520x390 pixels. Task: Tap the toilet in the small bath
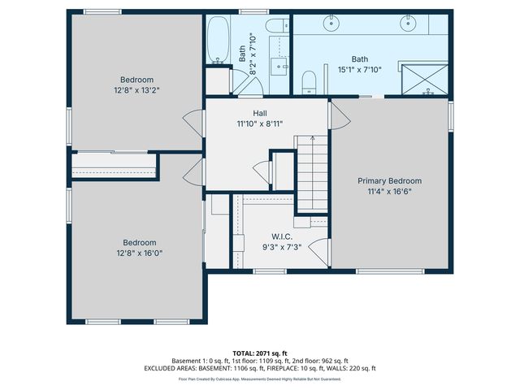[275, 27]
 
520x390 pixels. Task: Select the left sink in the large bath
[332, 24]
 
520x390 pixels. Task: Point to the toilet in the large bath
[309, 80]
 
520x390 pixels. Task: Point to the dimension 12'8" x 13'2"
[134, 91]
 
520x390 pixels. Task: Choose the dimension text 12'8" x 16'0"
[139, 253]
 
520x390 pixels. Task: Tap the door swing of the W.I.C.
[321, 249]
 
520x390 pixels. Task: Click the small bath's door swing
[243, 81]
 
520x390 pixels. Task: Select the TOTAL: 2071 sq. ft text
[259, 353]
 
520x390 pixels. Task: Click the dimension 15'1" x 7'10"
[359, 71]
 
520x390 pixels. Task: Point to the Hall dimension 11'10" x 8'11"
[259, 124]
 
